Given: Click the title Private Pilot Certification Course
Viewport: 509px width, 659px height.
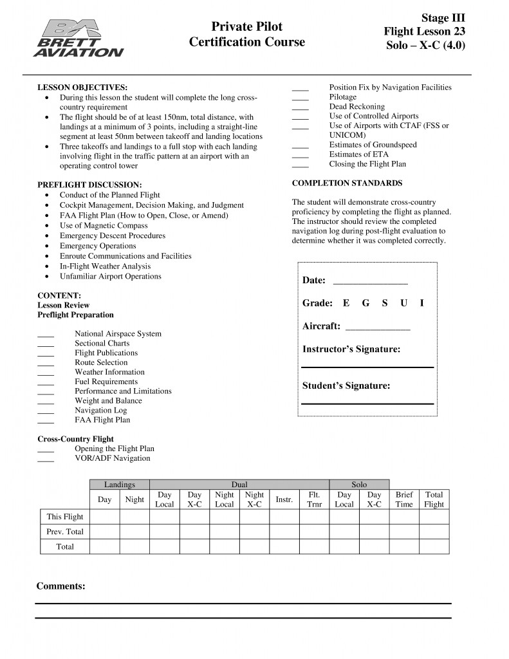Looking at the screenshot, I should click(x=246, y=34).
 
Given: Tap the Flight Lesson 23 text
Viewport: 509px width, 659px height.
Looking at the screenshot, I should click(x=424, y=31).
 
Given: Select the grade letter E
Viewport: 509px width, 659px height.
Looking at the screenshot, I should click(x=346, y=303).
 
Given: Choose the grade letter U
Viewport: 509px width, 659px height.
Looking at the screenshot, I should click(x=403, y=303).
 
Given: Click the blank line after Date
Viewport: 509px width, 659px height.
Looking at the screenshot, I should click(x=370, y=283).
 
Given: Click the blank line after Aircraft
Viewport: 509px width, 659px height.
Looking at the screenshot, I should click(x=378, y=329).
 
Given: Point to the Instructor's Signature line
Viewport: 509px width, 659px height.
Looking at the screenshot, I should click(x=367, y=366).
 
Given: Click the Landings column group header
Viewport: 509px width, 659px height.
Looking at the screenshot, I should click(x=120, y=485).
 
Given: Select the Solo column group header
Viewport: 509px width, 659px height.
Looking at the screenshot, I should click(x=359, y=485).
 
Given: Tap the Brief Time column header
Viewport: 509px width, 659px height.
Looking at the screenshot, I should click(x=404, y=499).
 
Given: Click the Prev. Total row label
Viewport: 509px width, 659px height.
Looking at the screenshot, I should click(x=65, y=532).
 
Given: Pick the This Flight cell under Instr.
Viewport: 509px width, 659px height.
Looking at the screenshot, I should click(x=284, y=517).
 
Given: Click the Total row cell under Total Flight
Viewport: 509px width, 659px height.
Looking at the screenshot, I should click(x=434, y=546).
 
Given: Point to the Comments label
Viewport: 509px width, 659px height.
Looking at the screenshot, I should click(x=60, y=586).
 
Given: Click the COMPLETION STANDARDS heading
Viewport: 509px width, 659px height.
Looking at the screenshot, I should click(x=347, y=183).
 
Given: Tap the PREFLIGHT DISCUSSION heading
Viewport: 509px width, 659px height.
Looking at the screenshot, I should click(x=89, y=185).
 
